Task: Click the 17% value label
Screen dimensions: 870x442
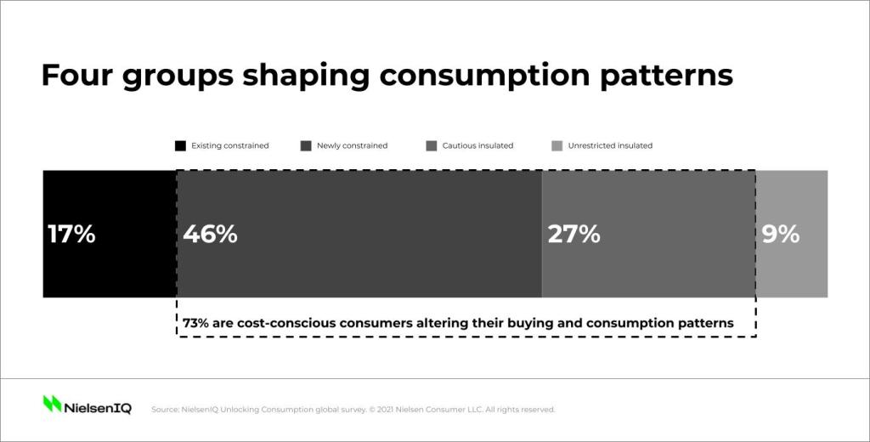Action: [71, 234]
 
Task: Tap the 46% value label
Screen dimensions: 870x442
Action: [211, 234]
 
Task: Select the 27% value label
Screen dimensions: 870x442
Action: [573, 234]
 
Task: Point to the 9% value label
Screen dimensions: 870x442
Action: [780, 234]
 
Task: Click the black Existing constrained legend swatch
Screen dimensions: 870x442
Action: [180, 146]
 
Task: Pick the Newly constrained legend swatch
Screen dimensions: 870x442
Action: [306, 146]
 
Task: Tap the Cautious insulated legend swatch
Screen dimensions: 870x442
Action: [431, 146]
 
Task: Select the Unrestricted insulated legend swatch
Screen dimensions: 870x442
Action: [557, 146]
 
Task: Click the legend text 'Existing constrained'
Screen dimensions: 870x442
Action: [229, 145]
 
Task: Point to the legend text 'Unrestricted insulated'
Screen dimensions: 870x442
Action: [610, 145]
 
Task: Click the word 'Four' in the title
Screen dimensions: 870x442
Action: [76, 75]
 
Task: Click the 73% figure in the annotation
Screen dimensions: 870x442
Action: [195, 323]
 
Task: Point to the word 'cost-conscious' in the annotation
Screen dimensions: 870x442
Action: [285, 323]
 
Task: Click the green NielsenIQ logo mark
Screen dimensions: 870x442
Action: [52, 404]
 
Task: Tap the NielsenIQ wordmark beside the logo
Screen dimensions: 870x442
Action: [98, 408]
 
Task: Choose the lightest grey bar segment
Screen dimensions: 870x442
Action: [792, 234]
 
